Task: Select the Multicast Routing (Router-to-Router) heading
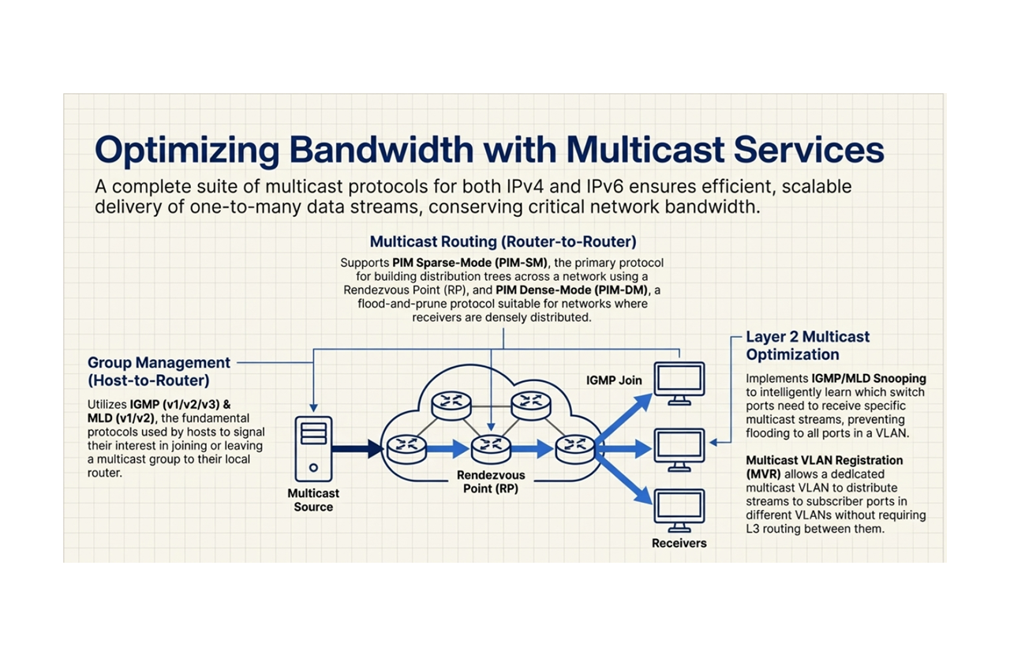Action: (x=503, y=241)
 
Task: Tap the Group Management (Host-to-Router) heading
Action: (x=159, y=371)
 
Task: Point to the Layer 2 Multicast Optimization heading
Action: (x=807, y=346)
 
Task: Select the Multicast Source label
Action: (x=313, y=500)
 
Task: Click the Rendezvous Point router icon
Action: (x=491, y=449)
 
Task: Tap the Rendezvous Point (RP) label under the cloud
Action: (x=491, y=482)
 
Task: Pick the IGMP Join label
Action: (x=614, y=380)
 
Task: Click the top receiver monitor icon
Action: (x=679, y=383)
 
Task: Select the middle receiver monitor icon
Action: (x=679, y=449)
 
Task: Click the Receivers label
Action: (x=679, y=543)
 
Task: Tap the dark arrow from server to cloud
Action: (x=357, y=449)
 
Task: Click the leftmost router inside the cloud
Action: (x=406, y=449)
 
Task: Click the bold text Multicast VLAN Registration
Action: (x=824, y=460)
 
